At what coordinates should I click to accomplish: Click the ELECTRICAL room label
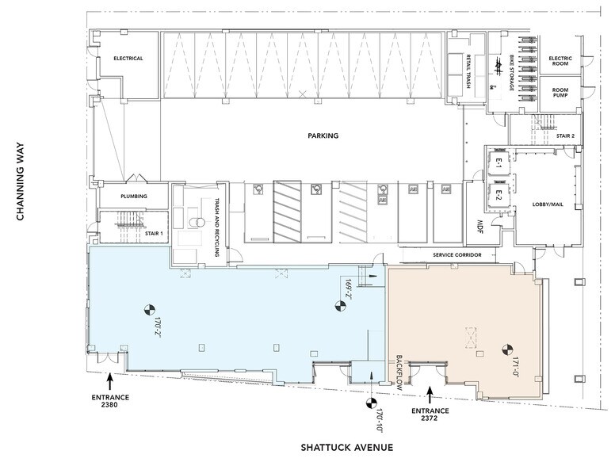click(128, 59)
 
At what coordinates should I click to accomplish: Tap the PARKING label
click(323, 136)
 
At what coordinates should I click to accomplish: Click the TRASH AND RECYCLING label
click(216, 227)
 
